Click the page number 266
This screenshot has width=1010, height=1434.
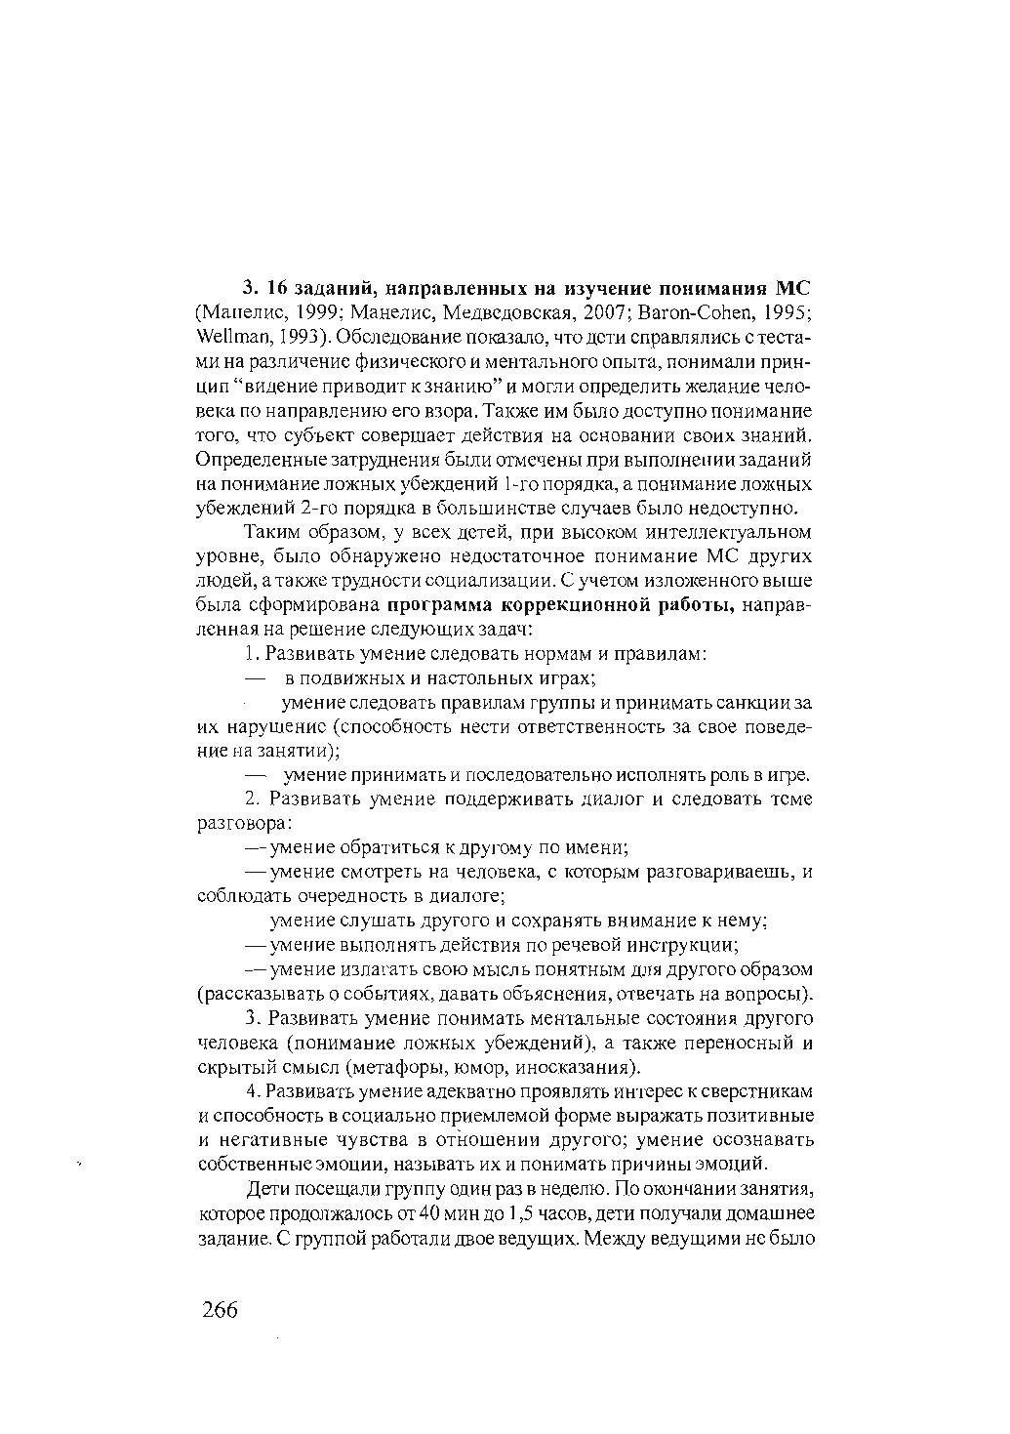tap(221, 1309)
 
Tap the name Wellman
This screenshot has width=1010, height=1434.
tap(227, 338)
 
